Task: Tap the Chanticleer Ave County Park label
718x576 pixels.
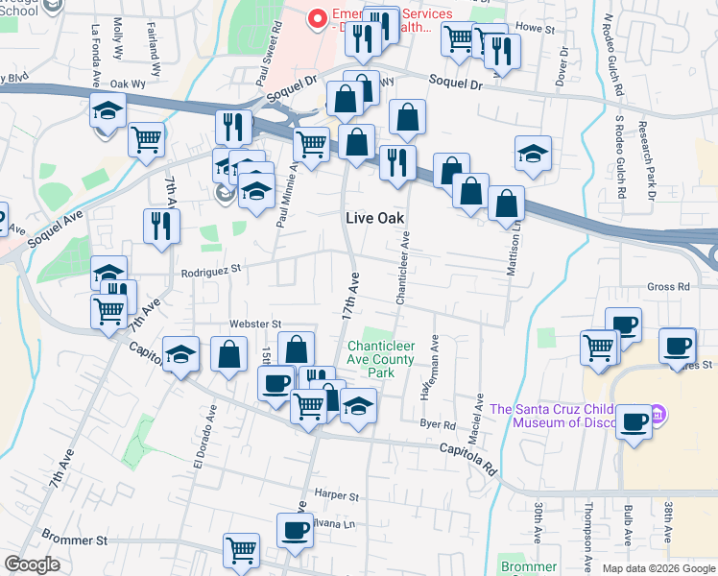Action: click(x=381, y=359)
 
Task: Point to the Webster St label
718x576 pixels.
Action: click(x=254, y=325)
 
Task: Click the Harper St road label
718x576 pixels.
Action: click(x=336, y=496)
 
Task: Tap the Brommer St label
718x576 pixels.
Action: click(x=75, y=540)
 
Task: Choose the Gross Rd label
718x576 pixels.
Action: click(x=668, y=286)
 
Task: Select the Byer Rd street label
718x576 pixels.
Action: click(x=437, y=424)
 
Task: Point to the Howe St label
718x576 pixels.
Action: click(x=537, y=30)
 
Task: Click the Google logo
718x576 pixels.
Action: click(x=32, y=564)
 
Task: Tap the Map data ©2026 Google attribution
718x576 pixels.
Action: click(x=658, y=568)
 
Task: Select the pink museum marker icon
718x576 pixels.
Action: click(x=658, y=415)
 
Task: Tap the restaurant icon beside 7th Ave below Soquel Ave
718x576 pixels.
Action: click(x=160, y=226)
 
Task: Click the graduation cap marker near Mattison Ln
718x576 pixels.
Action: click(x=533, y=153)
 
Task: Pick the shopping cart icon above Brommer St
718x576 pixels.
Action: click(x=241, y=550)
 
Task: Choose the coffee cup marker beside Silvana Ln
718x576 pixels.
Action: click(x=295, y=529)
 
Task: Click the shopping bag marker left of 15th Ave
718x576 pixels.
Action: click(x=229, y=354)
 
